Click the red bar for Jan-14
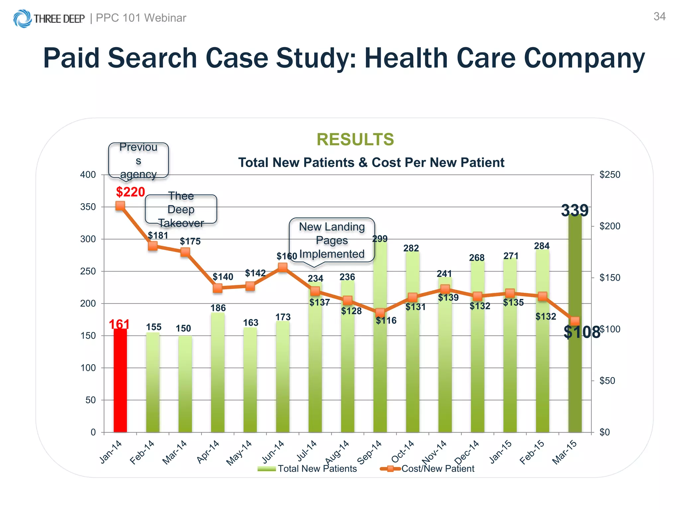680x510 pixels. click(x=120, y=380)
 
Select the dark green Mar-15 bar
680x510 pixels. click(x=575, y=382)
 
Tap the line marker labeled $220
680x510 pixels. click(x=120, y=206)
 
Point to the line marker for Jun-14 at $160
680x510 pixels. click(x=283, y=267)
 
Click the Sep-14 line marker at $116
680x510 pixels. click(x=380, y=313)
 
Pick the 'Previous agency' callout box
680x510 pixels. click(x=138, y=161)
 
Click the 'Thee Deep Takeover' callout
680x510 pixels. click(x=181, y=210)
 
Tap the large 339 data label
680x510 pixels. click(x=575, y=211)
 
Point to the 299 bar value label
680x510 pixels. click(x=380, y=239)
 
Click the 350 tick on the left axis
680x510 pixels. click(x=88, y=207)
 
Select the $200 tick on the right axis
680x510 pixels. click(x=610, y=226)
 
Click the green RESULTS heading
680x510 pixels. click(x=355, y=139)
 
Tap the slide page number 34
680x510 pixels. click(x=659, y=17)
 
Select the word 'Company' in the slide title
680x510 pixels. click(x=584, y=58)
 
